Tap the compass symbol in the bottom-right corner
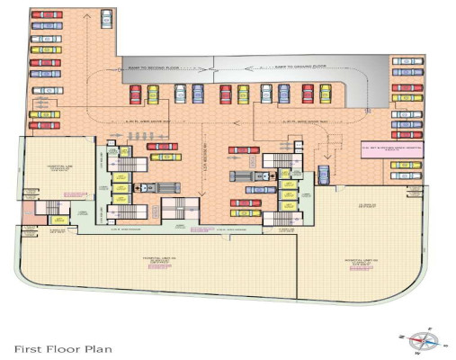coord(422,340)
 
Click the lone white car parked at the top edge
coord(107,17)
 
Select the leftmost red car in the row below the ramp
coord(136,94)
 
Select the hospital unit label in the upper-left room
coord(58,168)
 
